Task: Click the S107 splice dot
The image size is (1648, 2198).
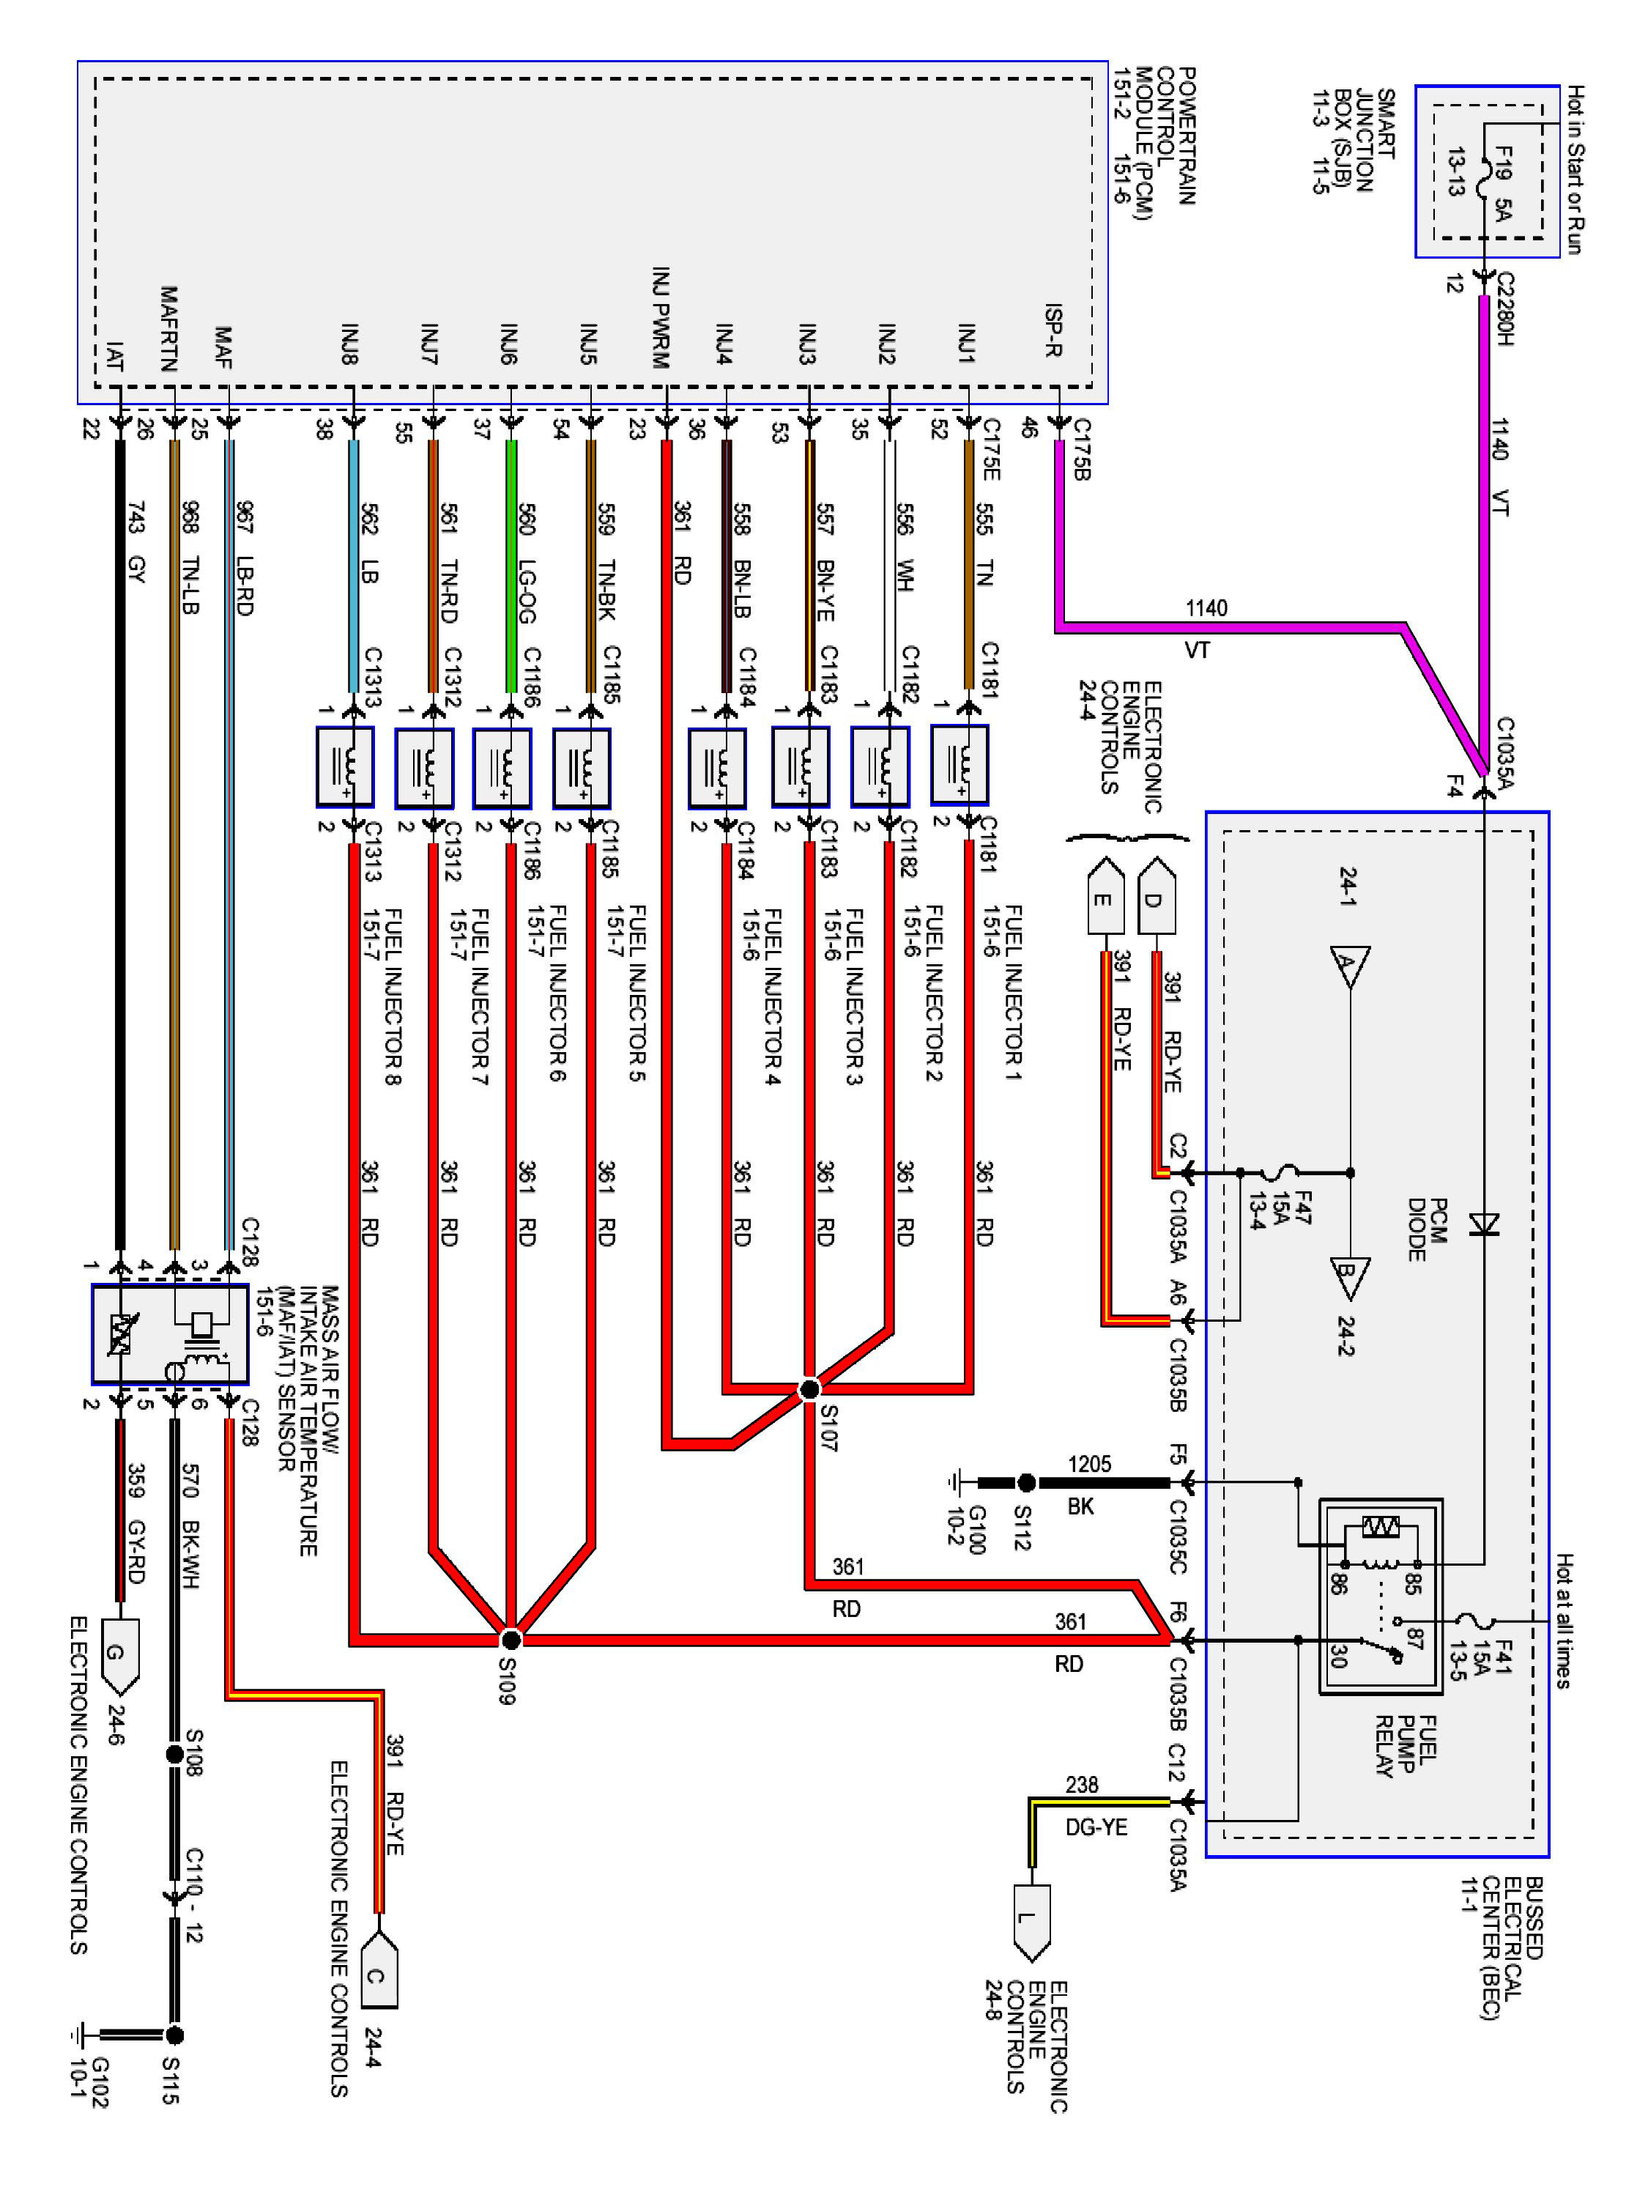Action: click(x=809, y=1388)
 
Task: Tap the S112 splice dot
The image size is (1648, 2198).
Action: click(x=1026, y=1483)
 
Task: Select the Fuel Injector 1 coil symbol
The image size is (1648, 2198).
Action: click(x=960, y=765)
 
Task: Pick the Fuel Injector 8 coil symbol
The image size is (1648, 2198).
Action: click(x=345, y=767)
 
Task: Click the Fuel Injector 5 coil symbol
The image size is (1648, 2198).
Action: click(x=581, y=767)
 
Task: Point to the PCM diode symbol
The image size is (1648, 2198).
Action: click(x=1484, y=1224)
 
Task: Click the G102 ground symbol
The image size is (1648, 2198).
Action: click(x=78, y=2035)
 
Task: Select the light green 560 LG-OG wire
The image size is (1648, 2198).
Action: click(x=511, y=566)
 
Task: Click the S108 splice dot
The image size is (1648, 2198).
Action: click(x=174, y=1755)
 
